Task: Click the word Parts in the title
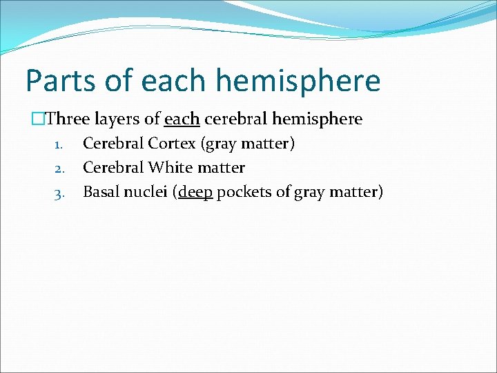[62, 81]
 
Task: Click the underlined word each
[182, 119]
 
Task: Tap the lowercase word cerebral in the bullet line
[234, 119]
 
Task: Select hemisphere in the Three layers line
[317, 119]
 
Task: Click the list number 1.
[59, 145]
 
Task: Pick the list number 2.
[59, 169]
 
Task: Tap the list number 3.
[59, 193]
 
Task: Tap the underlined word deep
[195, 191]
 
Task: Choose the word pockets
[244, 191]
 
